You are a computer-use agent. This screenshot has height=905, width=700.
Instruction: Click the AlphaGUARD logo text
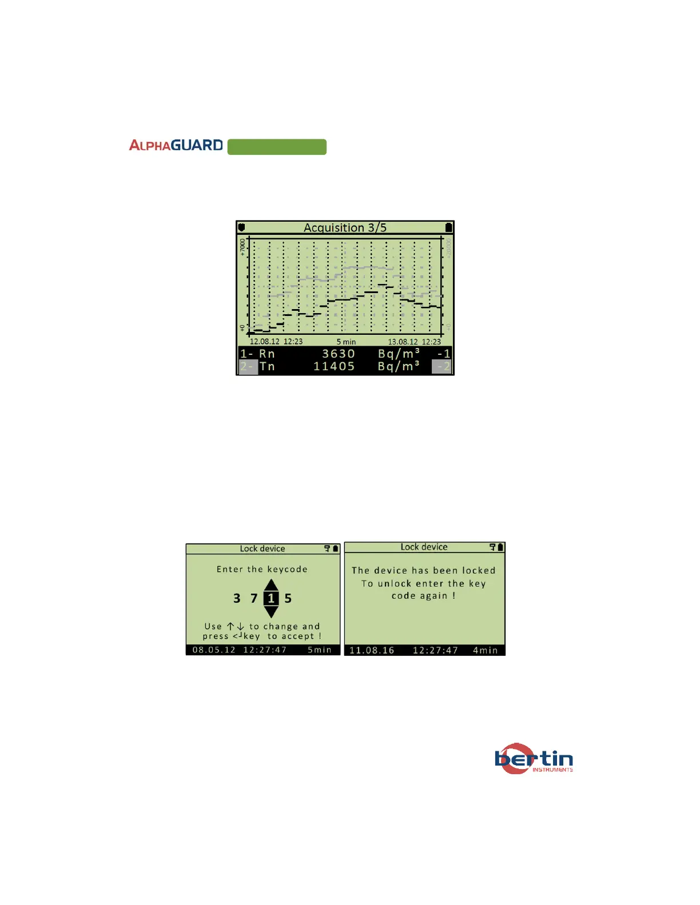point(176,146)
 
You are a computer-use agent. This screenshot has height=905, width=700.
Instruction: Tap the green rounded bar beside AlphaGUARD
point(277,147)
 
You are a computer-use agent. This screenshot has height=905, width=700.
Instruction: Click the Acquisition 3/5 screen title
point(345,227)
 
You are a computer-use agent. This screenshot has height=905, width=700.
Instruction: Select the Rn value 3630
point(338,354)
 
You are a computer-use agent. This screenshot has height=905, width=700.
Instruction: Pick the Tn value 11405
point(334,367)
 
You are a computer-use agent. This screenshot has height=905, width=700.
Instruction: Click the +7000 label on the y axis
point(242,247)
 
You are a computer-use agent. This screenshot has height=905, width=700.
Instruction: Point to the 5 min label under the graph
point(346,342)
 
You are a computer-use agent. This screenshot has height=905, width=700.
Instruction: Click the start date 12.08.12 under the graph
point(265,342)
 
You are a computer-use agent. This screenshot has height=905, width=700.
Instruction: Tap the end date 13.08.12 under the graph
point(403,342)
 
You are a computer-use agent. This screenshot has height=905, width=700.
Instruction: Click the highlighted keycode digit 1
point(271,599)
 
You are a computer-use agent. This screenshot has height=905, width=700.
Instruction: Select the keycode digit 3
point(237,599)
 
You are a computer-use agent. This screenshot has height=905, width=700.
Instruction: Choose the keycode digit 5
point(288,599)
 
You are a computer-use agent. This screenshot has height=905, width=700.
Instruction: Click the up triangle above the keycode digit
point(271,585)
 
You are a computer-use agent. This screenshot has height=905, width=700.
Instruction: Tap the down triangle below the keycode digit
point(271,612)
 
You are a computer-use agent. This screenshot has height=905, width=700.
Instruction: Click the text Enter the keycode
point(262,569)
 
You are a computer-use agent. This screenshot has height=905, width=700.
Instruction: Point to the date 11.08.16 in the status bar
point(372,650)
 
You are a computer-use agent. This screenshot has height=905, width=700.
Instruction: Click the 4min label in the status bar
point(485,650)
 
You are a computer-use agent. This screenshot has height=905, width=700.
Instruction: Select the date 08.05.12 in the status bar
point(214,650)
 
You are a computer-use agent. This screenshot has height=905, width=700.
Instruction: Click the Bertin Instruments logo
point(534,759)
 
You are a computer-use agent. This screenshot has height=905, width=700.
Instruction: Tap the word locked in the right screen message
point(479,570)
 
